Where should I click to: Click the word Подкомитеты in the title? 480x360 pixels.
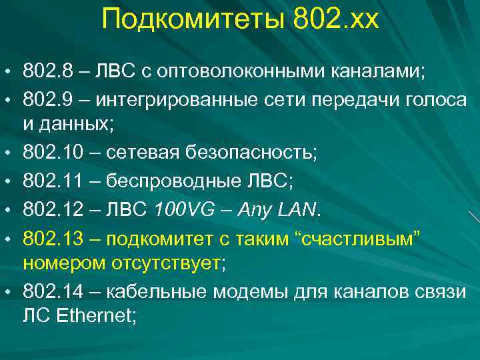(x=194, y=19)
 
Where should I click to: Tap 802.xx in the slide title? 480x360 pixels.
(x=335, y=19)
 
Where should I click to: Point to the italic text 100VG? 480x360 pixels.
(x=185, y=211)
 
